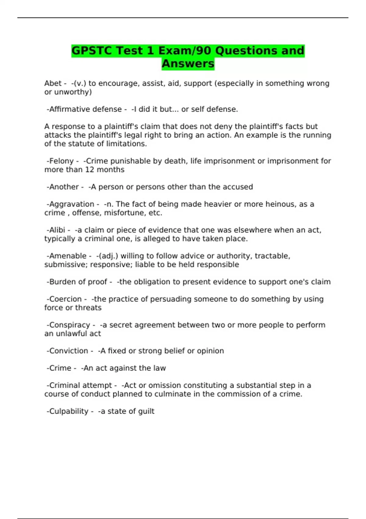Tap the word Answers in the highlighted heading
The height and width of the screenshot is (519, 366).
pos(188,64)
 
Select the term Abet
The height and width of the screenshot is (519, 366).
pos(53,83)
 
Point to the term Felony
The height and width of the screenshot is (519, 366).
pos(62,161)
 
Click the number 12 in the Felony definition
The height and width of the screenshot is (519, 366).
pos(90,170)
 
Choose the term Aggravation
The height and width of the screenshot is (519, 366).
pos(72,204)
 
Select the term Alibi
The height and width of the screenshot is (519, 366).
pos(57,230)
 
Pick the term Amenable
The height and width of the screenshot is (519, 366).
pos(68,256)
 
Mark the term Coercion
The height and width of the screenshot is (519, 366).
pos(65,299)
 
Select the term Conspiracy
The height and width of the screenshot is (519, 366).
pos(70,325)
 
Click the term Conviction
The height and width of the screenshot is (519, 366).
pos(69,351)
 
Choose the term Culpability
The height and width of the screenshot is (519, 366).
pos(69,412)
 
